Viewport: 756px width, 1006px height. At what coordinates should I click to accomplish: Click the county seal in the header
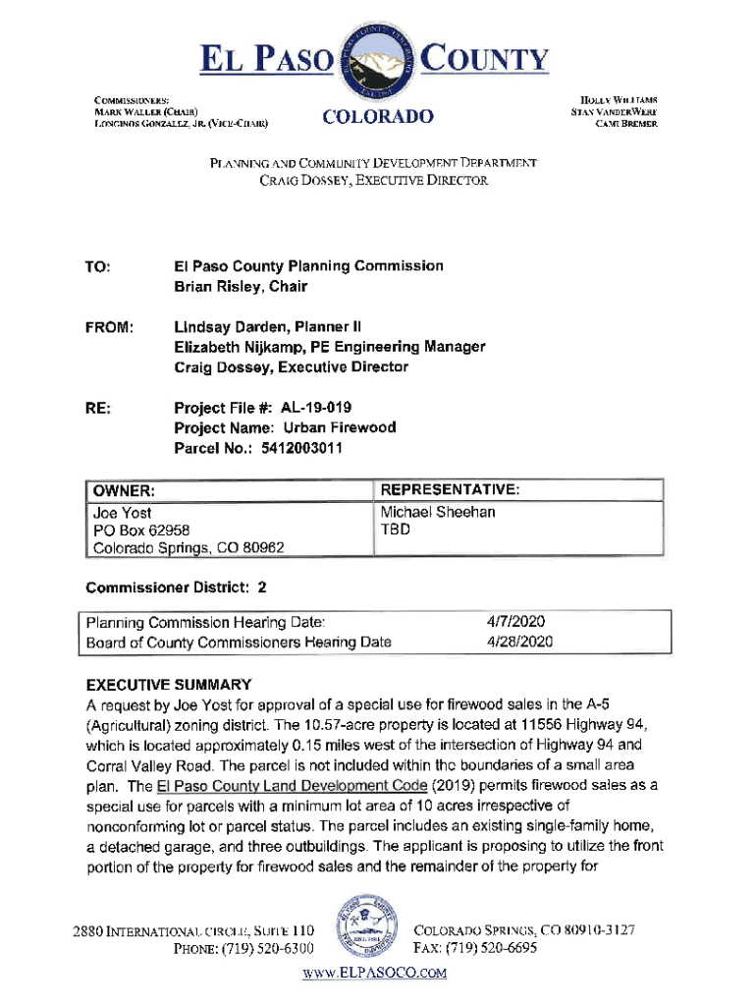pyautogui.click(x=378, y=64)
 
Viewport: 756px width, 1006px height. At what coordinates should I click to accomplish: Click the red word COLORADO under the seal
pyautogui.click(x=378, y=119)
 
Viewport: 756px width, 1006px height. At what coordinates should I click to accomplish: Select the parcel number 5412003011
pyautogui.click(x=297, y=448)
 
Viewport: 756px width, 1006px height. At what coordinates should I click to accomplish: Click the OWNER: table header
pyautogui.click(x=126, y=491)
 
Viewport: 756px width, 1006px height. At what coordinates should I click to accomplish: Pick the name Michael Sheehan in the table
pyautogui.click(x=438, y=512)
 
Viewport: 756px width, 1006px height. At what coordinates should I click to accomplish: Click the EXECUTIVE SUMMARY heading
pyautogui.click(x=169, y=685)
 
